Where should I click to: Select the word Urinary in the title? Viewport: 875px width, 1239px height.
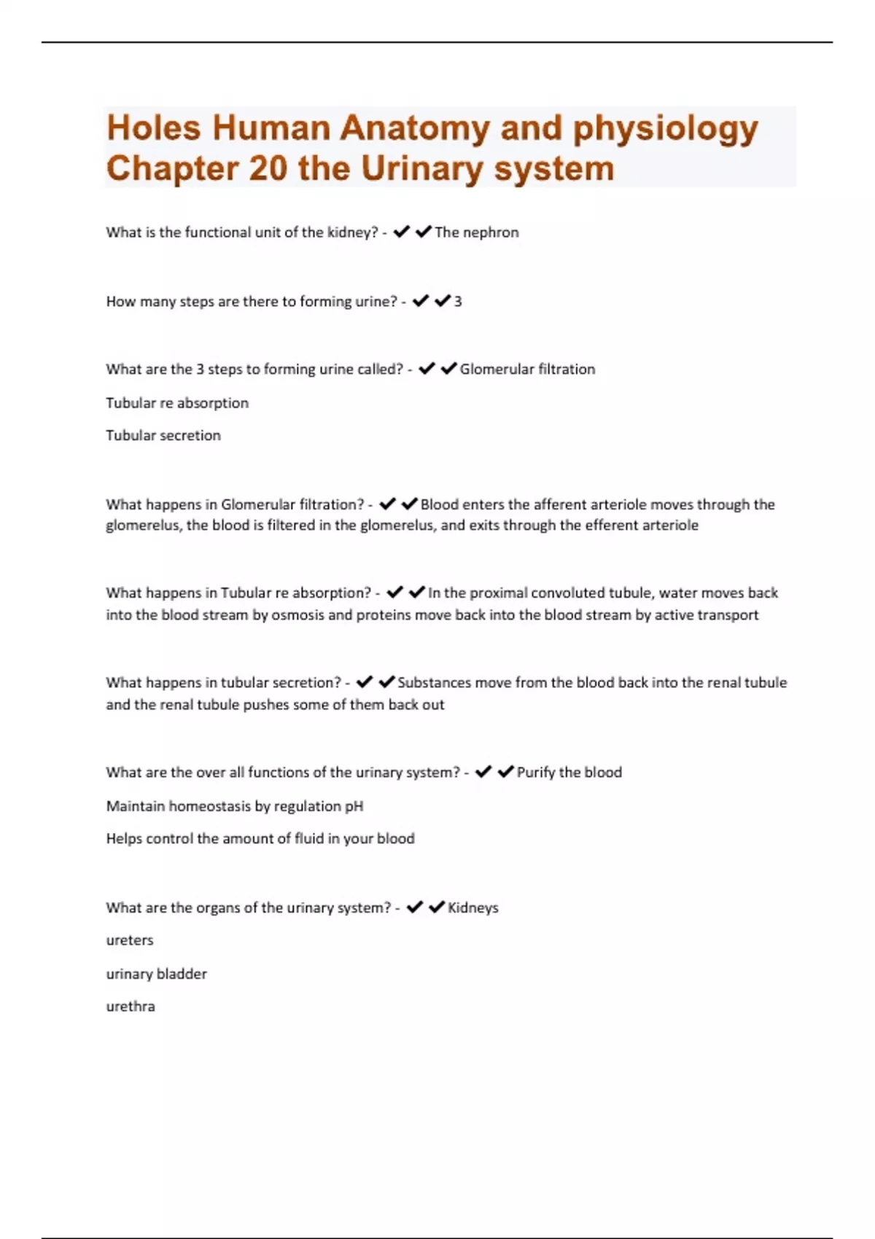pyautogui.click(x=422, y=169)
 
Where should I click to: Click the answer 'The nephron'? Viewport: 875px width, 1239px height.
pyautogui.click(x=477, y=232)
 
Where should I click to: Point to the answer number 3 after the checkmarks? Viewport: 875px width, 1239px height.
pyautogui.click(x=458, y=302)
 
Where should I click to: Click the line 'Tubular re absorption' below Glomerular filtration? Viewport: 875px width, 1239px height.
pyautogui.click(x=177, y=403)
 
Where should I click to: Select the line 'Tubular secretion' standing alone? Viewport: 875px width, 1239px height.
pyautogui.click(x=163, y=436)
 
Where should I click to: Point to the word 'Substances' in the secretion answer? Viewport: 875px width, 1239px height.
pyautogui.click(x=434, y=683)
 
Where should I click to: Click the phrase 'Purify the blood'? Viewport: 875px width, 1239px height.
pyautogui.click(x=569, y=773)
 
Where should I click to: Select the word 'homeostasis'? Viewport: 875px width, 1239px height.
pyautogui.click(x=209, y=806)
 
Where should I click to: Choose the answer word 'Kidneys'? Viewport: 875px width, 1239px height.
pyautogui.click(x=473, y=908)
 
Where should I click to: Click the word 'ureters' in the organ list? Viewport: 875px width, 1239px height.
pyautogui.click(x=130, y=941)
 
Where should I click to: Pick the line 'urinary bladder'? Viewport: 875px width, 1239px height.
pyautogui.click(x=157, y=974)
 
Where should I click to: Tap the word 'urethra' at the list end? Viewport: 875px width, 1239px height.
pyautogui.click(x=131, y=1007)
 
